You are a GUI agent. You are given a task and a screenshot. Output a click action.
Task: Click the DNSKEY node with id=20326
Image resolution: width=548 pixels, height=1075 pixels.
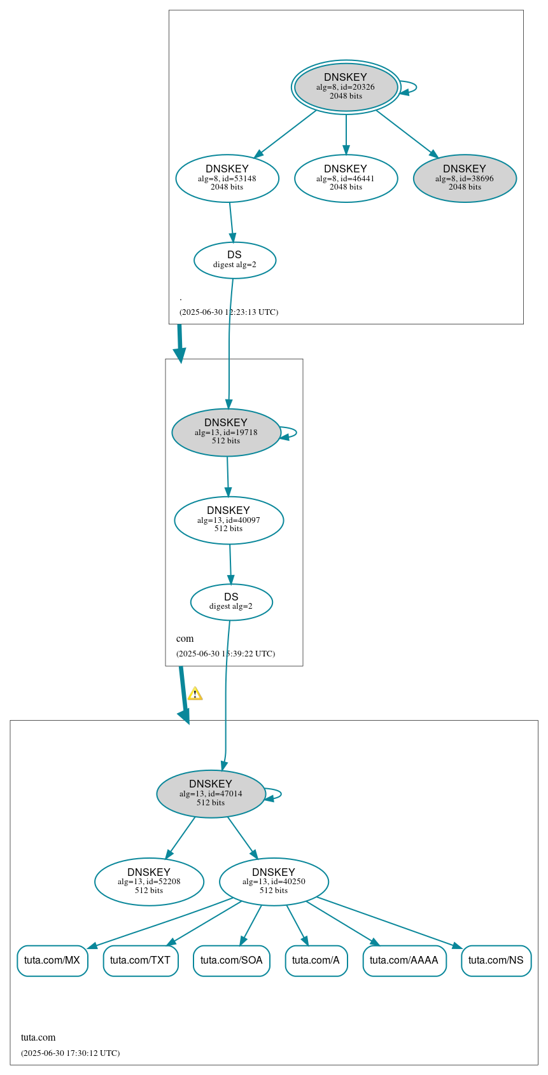click(346, 87)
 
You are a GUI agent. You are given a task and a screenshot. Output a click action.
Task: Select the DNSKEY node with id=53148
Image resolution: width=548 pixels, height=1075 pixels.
click(227, 179)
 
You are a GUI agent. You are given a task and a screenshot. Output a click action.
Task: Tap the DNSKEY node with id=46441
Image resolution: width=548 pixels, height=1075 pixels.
click(346, 179)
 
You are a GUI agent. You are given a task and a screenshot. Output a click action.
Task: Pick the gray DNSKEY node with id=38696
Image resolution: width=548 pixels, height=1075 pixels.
click(465, 179)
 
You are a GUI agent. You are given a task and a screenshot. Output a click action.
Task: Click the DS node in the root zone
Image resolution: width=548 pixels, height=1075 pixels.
click(234, 260)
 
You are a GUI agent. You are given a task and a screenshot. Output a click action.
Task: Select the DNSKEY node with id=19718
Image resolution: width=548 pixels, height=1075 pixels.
click(226, 432)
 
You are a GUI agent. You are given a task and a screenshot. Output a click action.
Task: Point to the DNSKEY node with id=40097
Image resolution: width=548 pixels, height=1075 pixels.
click(228, 520)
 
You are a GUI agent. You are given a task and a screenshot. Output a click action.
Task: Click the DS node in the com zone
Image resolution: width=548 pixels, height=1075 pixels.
click(231, 602)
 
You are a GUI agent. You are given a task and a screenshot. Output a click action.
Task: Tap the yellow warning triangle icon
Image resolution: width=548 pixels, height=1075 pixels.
click(195, 694)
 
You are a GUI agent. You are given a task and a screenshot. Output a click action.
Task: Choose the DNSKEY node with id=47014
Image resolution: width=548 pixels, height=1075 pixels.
click(211, 793)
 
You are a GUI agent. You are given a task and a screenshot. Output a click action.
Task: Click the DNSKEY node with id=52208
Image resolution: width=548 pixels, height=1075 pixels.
click(149, 882)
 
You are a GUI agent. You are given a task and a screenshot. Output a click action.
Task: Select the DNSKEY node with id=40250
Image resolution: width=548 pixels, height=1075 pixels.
click(274, 882)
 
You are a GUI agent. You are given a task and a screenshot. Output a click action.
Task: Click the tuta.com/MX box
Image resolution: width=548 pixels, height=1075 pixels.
click(52, 961)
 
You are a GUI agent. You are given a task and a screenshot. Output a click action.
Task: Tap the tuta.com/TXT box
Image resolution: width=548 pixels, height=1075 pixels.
click(141, 961)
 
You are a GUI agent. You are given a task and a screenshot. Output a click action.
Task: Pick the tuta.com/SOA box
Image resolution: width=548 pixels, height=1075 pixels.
click(232, 961)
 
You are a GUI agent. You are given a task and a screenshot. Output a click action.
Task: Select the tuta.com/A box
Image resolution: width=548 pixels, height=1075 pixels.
click(316, 961)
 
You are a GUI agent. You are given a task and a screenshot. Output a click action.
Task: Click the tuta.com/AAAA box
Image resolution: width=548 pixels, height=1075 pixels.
click(404, 961)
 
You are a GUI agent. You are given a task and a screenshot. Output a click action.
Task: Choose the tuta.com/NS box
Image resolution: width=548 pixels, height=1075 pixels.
click(496, 961)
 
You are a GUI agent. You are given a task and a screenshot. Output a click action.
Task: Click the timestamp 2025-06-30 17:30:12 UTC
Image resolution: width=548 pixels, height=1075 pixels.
click(70, 1053)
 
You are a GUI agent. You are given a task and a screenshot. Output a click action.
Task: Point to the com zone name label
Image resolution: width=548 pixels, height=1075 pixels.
click(185, 639)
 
